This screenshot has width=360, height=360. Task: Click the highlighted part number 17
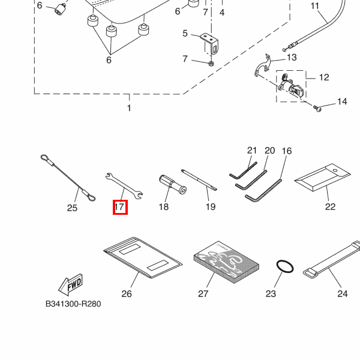119,208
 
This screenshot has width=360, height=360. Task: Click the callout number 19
210,208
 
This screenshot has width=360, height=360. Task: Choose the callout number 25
72,208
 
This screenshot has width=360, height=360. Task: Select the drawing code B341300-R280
73,304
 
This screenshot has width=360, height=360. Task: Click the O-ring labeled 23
284,266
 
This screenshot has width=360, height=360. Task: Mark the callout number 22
330,207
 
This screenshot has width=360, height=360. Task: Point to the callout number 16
286,151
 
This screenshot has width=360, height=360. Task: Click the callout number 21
251,151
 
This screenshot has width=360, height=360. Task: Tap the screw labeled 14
317,108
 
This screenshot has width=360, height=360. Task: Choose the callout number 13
292,58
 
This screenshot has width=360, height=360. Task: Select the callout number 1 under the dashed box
128,108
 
